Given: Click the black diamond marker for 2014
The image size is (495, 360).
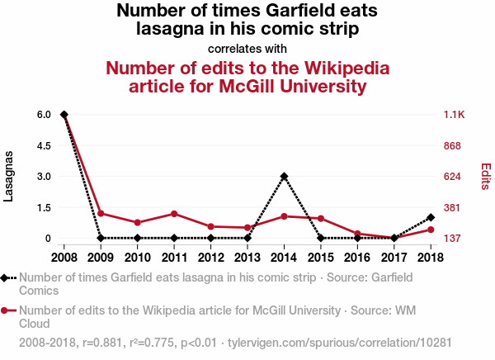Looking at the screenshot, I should [x=284, y=176].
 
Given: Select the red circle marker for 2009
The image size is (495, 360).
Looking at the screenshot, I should [x=101, y=213].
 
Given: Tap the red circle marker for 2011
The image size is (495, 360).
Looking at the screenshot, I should [x=174, y=214].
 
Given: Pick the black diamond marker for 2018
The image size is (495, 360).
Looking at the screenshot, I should [x=431, y=217].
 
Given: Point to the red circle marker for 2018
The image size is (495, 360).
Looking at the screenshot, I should [x=431, y=230].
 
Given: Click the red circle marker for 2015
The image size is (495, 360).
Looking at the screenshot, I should [x=321, y=219].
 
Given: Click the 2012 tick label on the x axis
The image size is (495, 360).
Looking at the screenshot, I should [x=210, y=257].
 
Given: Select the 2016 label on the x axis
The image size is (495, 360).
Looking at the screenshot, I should [x=357, y=257].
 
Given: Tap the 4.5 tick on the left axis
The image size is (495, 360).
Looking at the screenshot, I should [x=43, y=145].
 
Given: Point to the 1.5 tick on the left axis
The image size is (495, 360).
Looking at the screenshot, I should [x=43, y=207].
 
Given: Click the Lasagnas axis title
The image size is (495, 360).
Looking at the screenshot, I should [x=9, y=176].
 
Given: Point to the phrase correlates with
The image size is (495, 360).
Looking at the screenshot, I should [x=247, y=48].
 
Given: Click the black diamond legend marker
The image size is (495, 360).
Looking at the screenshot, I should [x=7, y=278].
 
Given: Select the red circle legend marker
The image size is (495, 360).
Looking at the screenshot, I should [x=7, y=310].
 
